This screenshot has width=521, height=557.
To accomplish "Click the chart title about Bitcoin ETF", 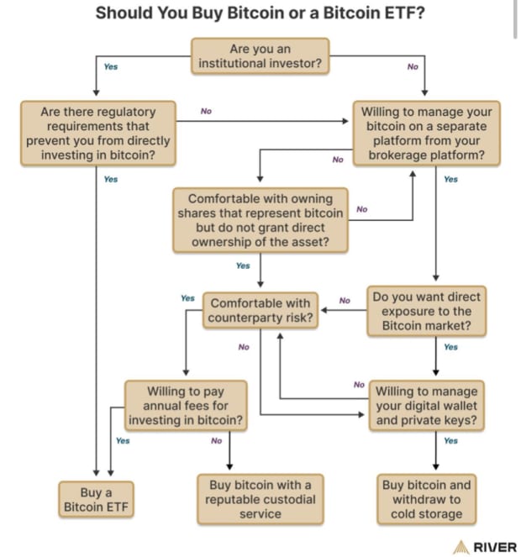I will point(260,13).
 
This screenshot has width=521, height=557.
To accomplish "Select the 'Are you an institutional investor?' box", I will point(260,56).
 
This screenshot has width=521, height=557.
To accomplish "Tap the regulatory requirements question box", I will point(98,133).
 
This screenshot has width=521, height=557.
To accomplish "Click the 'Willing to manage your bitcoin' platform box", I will point(427,133).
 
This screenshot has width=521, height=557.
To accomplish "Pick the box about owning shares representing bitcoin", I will point(260,220).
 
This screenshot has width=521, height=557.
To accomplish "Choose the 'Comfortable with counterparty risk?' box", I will point(260,309).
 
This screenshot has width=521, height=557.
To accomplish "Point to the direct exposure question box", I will point(427,309).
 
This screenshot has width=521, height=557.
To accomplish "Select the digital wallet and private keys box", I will point(427,405).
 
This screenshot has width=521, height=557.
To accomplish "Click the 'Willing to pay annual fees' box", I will point(186,405).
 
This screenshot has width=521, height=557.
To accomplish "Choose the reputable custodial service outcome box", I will point(260,499).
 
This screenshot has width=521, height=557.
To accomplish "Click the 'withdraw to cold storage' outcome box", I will point(427,499).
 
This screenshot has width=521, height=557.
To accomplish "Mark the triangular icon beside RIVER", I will point(461,547).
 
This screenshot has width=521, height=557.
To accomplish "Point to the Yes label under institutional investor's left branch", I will point(111,66).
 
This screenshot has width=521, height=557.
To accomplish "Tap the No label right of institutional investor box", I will point(412,66).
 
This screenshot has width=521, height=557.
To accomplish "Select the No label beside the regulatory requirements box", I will point(206,111).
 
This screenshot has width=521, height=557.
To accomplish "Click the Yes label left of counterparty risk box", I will point(187,298).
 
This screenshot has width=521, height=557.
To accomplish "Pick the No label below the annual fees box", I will point(216,440).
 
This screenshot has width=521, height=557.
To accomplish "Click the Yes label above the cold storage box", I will point(450,440).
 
